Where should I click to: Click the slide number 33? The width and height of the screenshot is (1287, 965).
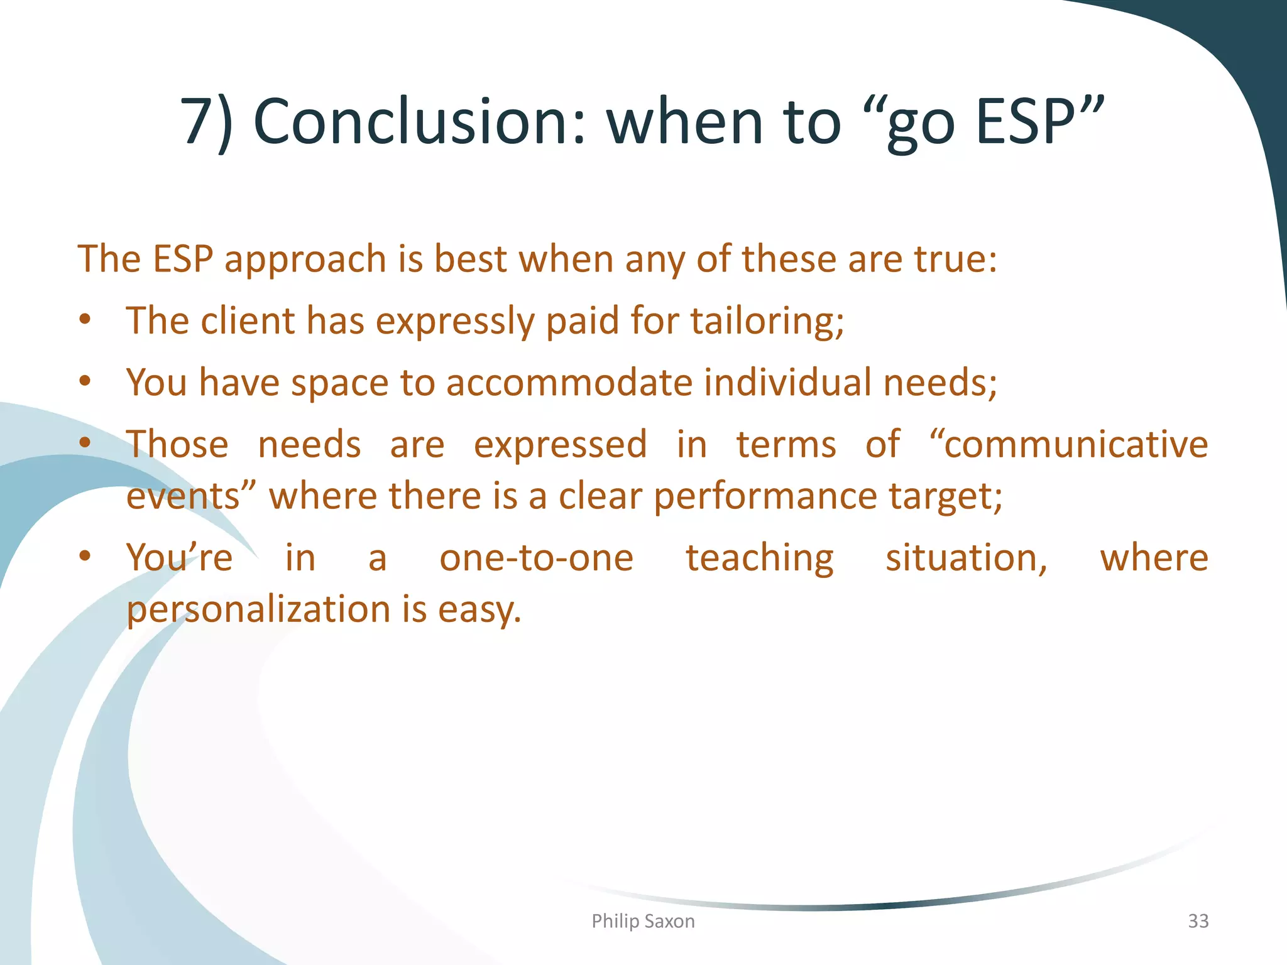1198,921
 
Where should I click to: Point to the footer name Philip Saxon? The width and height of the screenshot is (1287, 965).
643,921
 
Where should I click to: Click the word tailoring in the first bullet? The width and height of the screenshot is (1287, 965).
767,321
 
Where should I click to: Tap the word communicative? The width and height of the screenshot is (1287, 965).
1075,444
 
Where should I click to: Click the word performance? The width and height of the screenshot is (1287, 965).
765,496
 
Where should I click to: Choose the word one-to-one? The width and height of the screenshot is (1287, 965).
536,558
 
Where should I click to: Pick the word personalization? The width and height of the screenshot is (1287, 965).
259,610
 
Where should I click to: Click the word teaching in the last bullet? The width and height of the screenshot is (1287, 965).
759,558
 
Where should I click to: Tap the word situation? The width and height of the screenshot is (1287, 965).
966,558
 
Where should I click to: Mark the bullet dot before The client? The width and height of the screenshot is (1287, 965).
85,320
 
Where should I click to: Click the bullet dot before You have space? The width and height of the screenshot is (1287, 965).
85,381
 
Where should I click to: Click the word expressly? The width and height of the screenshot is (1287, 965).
454,321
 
